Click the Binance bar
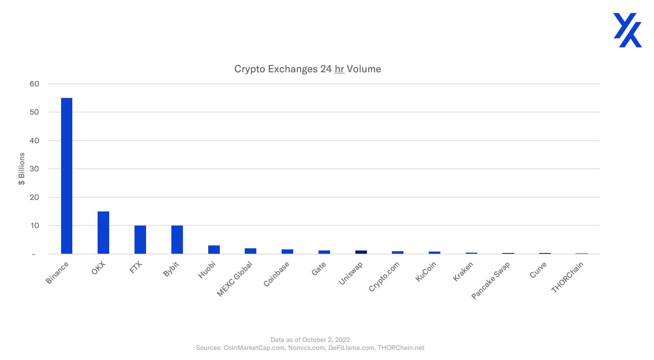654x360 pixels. [67, 176]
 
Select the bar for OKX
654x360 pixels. [103, 233]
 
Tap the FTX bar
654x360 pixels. [140, 240]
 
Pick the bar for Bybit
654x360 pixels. [177, 240]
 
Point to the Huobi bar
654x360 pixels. [214, 250]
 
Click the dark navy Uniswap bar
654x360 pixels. [361, 252]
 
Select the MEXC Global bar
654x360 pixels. [251, 251]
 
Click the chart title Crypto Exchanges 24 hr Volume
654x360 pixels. [307, 69]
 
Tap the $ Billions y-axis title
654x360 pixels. [22, 169]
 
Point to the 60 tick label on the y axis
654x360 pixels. [34, 84]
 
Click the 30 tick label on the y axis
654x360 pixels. [34, 169]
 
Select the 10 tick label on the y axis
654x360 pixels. [34, 226]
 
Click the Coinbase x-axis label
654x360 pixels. [277, 274]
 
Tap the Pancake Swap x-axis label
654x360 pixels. [491, 280]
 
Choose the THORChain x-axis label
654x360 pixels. [567, 277]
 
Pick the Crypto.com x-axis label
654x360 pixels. [384, 276]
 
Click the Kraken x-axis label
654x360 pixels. [463, 272]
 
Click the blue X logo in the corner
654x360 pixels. [627, 30]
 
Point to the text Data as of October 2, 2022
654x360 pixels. [310, 340]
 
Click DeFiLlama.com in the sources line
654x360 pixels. [351, 348]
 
